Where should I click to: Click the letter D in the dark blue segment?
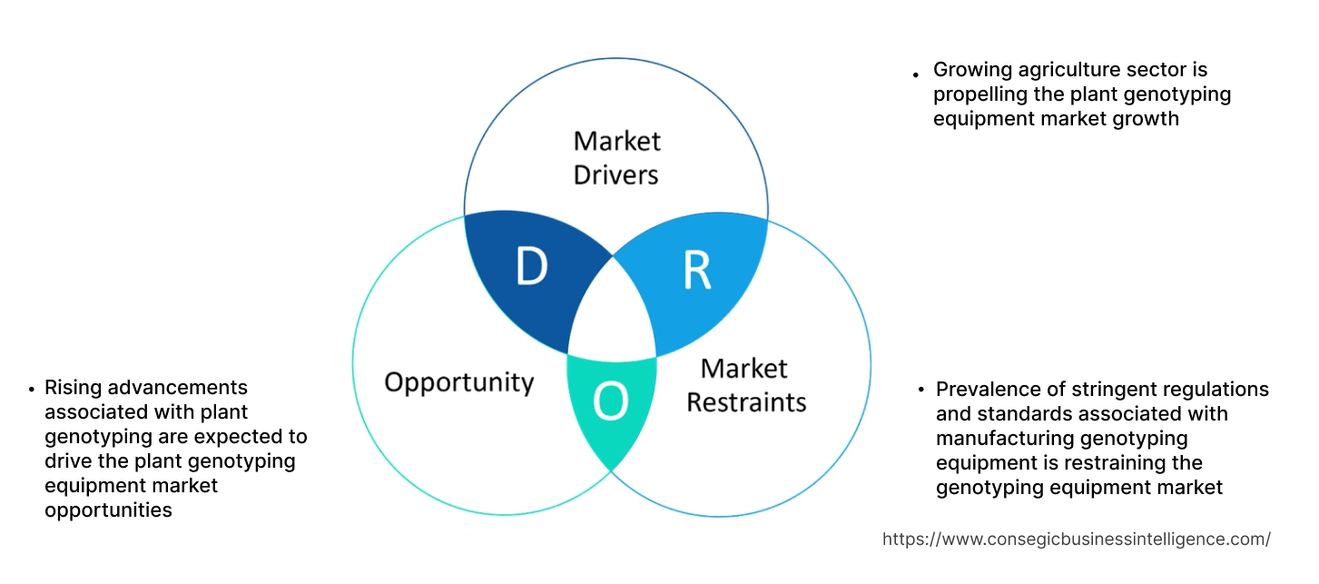click(531, 266)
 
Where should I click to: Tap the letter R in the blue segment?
click(696, 269)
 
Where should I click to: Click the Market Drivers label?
click(616, 157)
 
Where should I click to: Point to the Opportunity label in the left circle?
click(458, 381)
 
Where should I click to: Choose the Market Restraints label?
click(745, 385)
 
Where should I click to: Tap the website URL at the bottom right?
click(1076, 539)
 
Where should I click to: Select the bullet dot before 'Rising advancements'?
click(33, 389)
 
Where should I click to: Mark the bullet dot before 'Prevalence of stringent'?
click(921, 391)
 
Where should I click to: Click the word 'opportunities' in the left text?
click(108, 510)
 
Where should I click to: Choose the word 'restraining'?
click(1130, 463)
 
